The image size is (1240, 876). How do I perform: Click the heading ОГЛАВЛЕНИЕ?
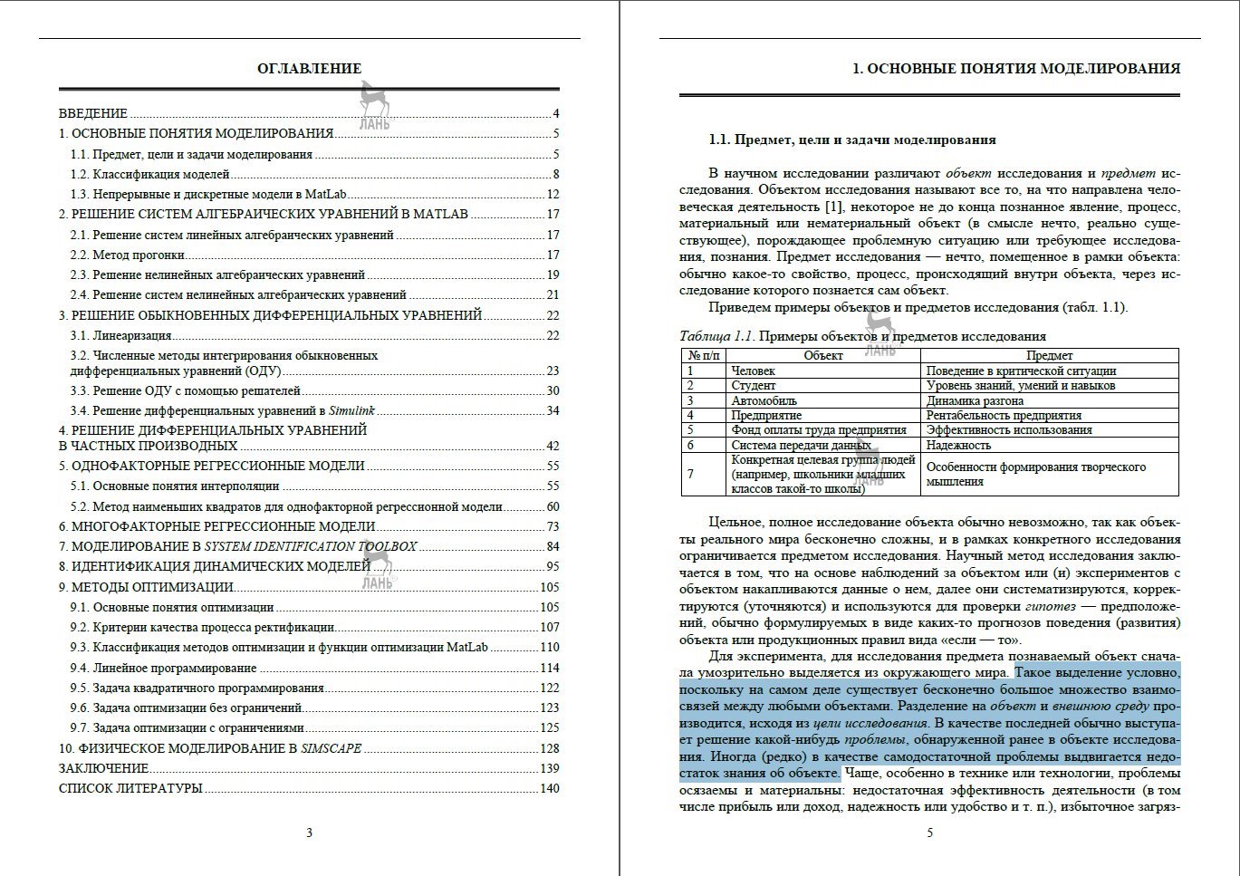[309, 69]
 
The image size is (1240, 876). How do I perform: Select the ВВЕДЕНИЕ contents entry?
[93, 114]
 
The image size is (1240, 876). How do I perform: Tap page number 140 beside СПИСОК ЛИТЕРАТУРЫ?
[550, 789]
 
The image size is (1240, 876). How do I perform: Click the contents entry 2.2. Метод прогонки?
[128, 255]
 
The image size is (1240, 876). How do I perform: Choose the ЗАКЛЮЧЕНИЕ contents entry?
[99, 769]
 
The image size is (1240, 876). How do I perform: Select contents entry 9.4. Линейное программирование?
[163, 669]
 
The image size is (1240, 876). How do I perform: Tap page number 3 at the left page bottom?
[309, 833]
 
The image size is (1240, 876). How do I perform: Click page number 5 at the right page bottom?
[929, 833]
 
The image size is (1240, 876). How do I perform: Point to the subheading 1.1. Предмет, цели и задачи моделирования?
[851, 140]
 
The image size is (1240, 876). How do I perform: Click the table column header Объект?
[823, 356]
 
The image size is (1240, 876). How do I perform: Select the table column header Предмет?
[1049, 356]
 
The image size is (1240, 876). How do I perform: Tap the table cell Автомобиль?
[764, 400]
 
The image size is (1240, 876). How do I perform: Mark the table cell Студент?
[754, 386]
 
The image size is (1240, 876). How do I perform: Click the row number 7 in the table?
[691, 474]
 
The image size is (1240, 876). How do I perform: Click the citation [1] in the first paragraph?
[834, 207]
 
